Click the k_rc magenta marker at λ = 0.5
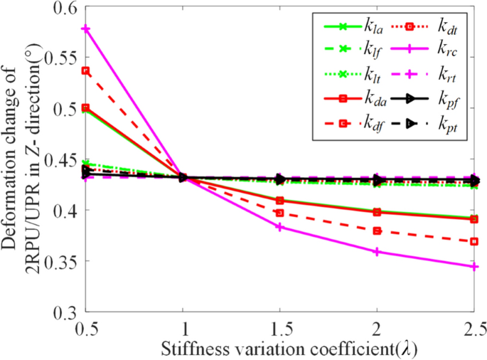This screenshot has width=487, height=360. click(86, 29)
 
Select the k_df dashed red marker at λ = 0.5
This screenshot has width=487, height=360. click(86, 70)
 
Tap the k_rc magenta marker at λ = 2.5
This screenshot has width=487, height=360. click(474, 267)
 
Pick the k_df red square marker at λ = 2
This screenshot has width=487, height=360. click(378, 231)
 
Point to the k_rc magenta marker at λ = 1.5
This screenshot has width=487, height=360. click(280, 227)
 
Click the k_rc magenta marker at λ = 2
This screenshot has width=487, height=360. click(378, 252)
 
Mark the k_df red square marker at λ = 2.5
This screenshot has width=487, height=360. click(474, 241)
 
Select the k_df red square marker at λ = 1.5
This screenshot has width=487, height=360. click(280, 213)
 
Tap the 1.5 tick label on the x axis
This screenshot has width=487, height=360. click(280, 329)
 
